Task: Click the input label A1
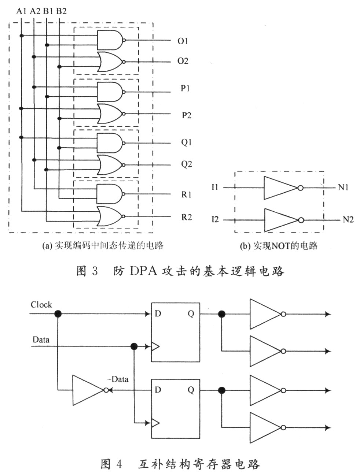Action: click(21, 11)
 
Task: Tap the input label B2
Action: click(61, 11)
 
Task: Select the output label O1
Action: click(183, 41)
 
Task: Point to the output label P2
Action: click(187, 115)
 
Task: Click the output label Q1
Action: click(186, 142)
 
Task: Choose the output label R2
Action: click(187, 217)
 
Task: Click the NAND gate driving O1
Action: click(111, 40)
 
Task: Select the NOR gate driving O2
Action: click(111, 62)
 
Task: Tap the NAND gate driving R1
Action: click(111, 194)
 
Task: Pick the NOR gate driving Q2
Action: click(111, 165)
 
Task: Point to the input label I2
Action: click(215, 219)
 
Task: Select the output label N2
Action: click(348, 220)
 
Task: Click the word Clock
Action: click(41, 305)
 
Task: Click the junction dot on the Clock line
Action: click(58, 313)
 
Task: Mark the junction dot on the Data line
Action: click(134, 346)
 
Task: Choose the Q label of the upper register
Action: click(191, 314)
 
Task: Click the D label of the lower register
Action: click(158, 390)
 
